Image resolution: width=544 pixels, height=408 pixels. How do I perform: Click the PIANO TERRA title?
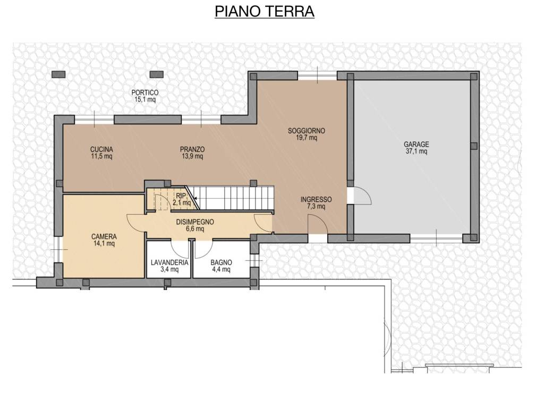265,12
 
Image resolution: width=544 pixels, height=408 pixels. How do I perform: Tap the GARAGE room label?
416,144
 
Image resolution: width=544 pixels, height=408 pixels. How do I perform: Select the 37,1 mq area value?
416,151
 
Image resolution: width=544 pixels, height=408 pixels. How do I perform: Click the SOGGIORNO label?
307,131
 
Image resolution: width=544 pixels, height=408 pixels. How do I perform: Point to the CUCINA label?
101,149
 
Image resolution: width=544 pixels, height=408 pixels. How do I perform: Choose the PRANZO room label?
192,149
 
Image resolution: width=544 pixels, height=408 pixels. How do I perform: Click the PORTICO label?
145,92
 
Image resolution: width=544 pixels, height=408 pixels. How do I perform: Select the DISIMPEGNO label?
195,222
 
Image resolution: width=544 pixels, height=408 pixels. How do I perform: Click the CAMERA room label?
104,236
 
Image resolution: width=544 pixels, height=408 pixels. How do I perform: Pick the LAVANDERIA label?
169,262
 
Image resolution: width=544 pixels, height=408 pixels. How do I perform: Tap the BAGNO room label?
220,262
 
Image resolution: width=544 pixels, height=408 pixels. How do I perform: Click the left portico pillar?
58,74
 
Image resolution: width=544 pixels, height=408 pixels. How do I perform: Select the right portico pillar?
156,74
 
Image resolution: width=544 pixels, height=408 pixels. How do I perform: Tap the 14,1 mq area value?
104,244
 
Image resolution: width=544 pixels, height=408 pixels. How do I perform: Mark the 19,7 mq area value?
307,138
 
